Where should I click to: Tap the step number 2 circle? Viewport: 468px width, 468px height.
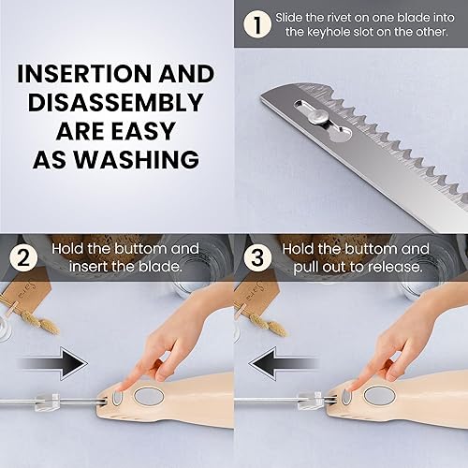(22, 257)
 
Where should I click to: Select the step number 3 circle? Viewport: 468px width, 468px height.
(256, 257)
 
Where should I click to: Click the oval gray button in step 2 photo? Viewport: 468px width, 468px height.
(149, 396)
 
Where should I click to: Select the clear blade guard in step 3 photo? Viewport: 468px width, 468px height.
(308, 400)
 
